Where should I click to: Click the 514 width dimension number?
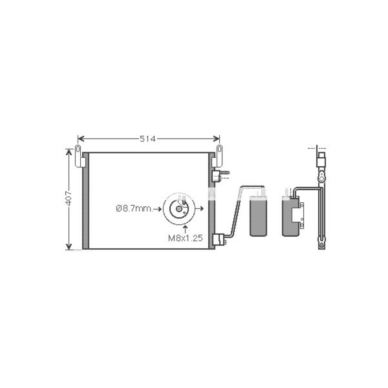[x=147, y=139]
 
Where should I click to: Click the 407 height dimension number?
[x=69, y=198]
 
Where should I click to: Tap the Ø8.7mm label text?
[x=135, y=209]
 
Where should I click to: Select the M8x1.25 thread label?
[x=186, y=238]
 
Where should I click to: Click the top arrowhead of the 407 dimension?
[x=69, y=152]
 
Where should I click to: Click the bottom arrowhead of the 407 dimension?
[x=69, y=246]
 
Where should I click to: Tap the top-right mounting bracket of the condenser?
[x=217, y=156]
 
